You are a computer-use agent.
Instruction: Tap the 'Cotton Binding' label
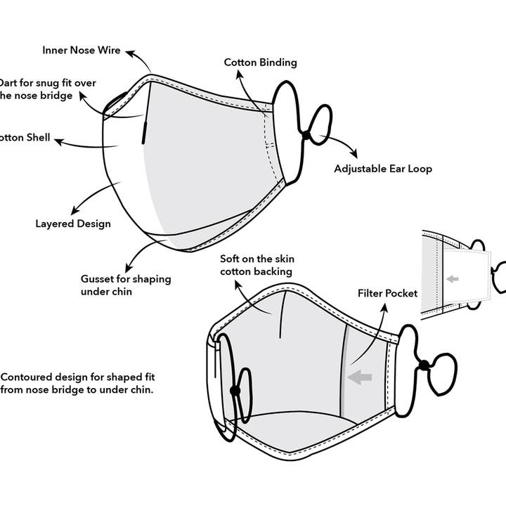(260, 63)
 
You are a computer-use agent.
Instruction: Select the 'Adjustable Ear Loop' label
(382, 169)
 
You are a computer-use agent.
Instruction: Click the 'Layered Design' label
(73, 224)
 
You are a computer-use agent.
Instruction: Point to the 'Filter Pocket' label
(387, 292)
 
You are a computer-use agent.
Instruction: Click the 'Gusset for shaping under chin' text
(125, 285)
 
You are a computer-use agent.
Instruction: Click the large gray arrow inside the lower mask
(360, 377)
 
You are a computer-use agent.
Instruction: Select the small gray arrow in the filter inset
(452, 279)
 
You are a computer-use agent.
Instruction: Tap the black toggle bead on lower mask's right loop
(424, 364)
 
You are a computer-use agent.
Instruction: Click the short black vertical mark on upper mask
(143, 131)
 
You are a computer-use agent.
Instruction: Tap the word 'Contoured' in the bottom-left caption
(26, 377)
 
